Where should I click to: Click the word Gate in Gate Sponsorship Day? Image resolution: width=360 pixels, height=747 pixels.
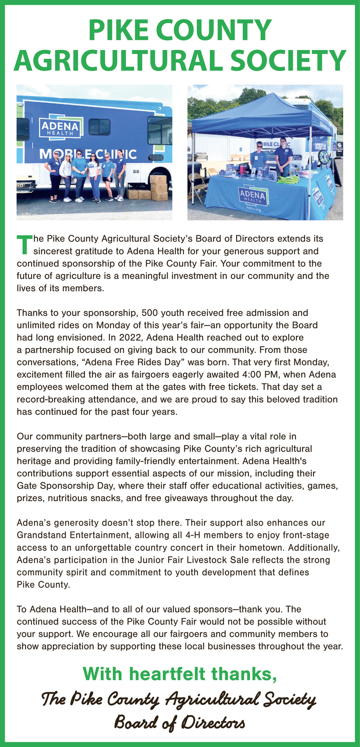pos(27,486)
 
